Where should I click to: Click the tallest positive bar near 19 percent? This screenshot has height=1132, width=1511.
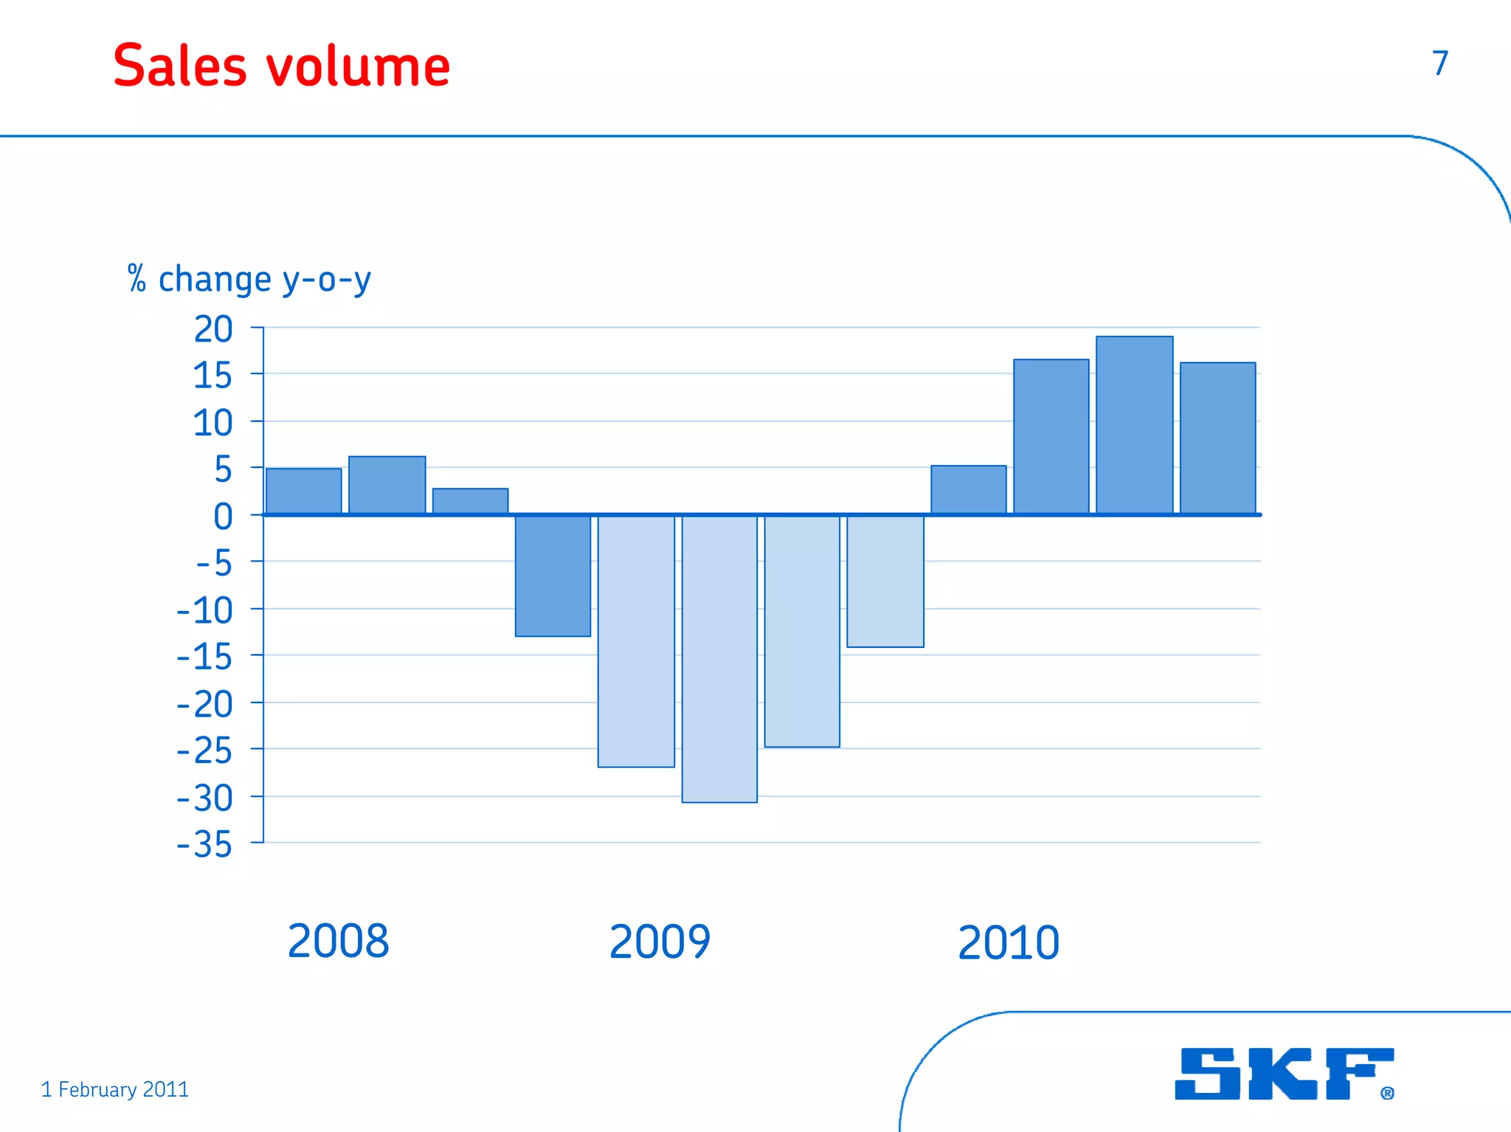(1134, 425)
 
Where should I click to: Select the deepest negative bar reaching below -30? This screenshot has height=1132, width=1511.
(719, 658)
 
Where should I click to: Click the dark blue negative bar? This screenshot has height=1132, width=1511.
(553, 576)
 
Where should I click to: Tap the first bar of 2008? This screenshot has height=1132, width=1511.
(304, 491)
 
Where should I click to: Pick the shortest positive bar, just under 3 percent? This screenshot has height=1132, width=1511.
(470, 501)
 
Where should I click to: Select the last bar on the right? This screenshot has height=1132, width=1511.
(1217, 438)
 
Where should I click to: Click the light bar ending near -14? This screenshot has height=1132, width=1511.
(885, 581)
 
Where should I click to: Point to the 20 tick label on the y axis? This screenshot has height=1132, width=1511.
(213, 329)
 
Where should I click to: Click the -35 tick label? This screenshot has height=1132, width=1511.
(205, 844)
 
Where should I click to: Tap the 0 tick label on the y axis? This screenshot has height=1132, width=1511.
(223, 517)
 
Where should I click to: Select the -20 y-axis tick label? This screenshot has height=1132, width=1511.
(205, 704)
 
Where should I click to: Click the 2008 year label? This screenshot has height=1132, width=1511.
(338, 941)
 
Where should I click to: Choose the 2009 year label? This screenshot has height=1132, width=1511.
(660, 942)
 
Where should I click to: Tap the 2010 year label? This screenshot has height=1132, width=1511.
(1009, 943)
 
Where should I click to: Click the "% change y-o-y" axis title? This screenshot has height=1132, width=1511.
(249, 280)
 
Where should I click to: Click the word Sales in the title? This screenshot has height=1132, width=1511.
(180, 66)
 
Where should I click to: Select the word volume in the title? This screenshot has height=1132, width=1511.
(358, 67)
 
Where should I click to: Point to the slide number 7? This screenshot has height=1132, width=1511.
(1440, 63)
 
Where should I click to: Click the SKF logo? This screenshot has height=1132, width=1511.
(1284, 1074)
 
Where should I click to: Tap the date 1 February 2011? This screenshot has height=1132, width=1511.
(115, 1089)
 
